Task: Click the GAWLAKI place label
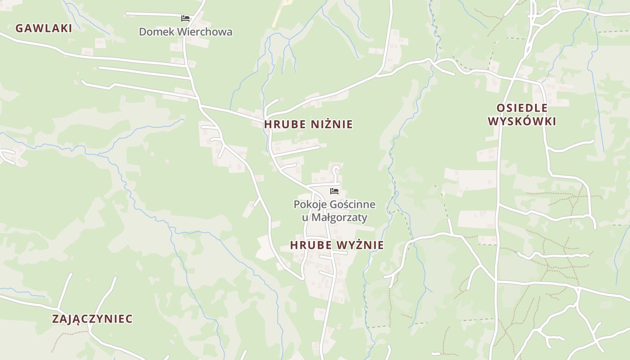click(44, 28)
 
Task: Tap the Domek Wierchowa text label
click(185, 32)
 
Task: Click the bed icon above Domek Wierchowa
click(185, 18)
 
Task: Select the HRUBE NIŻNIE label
click(308, 124)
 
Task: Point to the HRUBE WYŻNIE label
click(337, 245)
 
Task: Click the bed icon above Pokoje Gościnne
click(334, 191)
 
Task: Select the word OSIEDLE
click(522, 108)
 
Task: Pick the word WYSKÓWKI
click(522, 121)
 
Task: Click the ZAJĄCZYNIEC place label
click(92, 319)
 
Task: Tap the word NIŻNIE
click(333, 124)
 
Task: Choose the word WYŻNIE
click(361, 245)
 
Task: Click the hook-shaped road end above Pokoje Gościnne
click(336, 169)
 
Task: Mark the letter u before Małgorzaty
click(305, 218)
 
